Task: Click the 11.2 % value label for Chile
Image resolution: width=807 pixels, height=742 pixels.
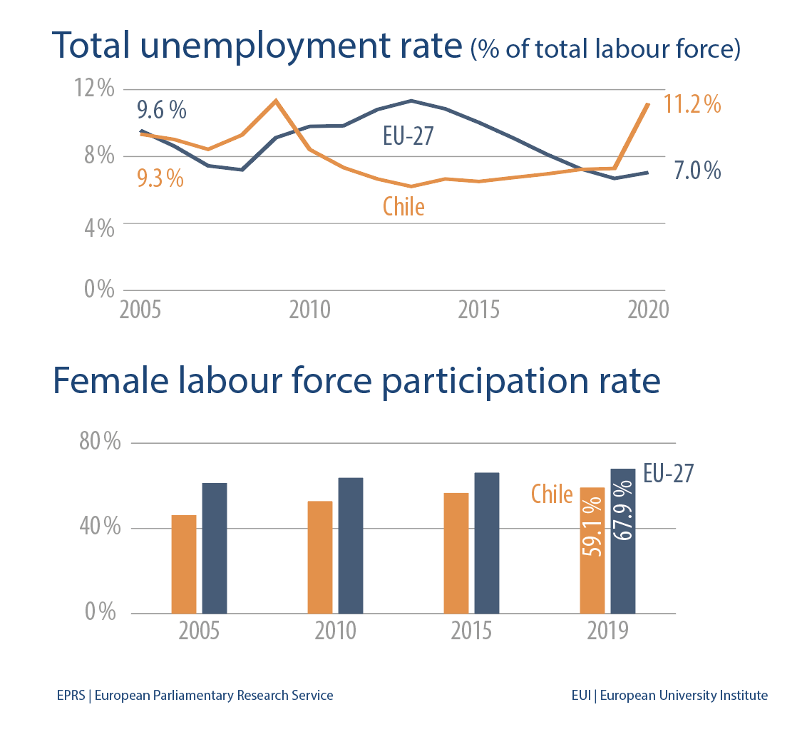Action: (692, 105)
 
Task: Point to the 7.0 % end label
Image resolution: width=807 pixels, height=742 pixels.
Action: (697, 171)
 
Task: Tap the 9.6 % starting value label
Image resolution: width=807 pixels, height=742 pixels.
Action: (161, 110)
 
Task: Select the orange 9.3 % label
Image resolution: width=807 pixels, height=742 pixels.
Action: (160, 178)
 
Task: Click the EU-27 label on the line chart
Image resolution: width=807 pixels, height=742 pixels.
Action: (408, 136)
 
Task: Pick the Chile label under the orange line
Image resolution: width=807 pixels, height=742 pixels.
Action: (403, 206)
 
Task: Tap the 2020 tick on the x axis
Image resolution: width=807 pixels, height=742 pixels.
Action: (647, 310)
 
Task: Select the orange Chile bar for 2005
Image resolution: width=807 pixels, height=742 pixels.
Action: (184, 564)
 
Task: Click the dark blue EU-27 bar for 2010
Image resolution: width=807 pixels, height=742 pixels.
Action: (351, 545)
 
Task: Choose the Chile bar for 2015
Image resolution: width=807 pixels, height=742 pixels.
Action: (456, 553)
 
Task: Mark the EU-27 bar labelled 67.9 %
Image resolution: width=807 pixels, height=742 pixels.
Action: (622, 541)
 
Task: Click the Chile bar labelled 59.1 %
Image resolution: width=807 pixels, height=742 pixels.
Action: (592, 550)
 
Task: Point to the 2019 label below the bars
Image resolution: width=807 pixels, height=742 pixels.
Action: (607, 631)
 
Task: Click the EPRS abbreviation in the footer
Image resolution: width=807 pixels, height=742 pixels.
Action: (71, 695)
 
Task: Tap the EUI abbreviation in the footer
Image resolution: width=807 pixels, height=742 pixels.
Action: (582, 695)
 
